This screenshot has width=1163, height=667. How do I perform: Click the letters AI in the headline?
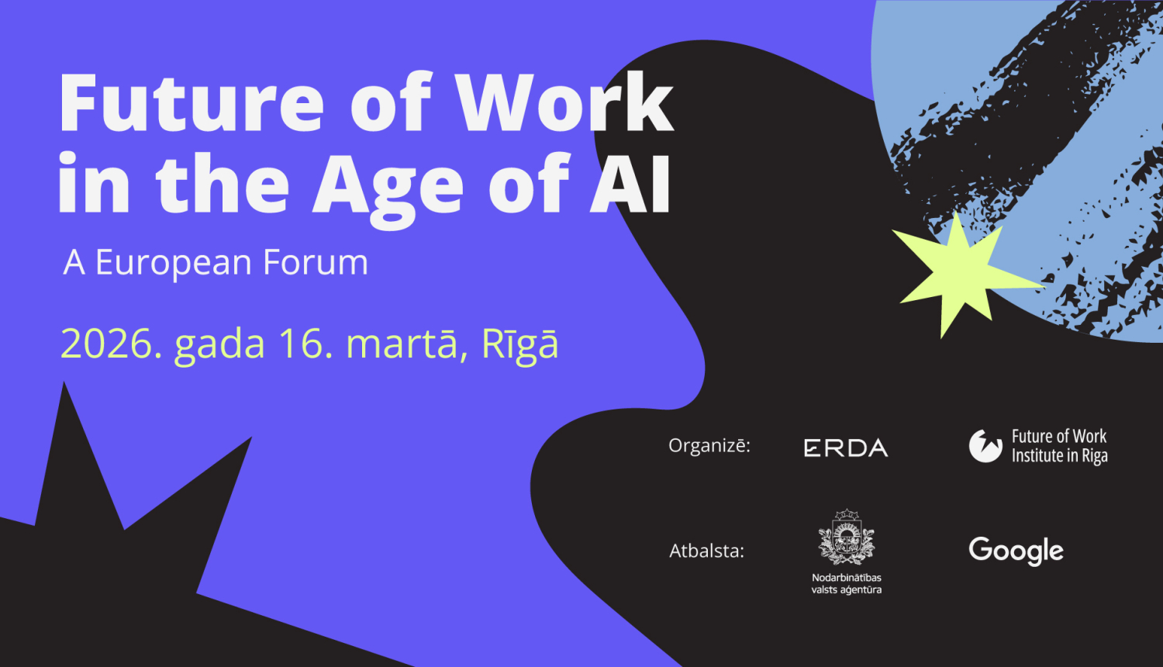630,185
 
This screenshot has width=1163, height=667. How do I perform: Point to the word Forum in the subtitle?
316,263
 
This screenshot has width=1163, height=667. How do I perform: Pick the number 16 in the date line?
305,344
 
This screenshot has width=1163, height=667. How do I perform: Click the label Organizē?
709,446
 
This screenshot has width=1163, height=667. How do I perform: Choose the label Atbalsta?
706,551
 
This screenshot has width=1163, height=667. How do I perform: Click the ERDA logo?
846,448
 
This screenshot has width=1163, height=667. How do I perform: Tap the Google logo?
1016,551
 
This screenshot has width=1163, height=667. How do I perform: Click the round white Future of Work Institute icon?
985,446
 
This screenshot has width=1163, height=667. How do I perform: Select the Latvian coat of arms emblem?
847,537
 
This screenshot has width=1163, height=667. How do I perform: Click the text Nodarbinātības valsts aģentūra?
847,584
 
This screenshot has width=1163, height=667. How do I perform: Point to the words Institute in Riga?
1059,456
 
